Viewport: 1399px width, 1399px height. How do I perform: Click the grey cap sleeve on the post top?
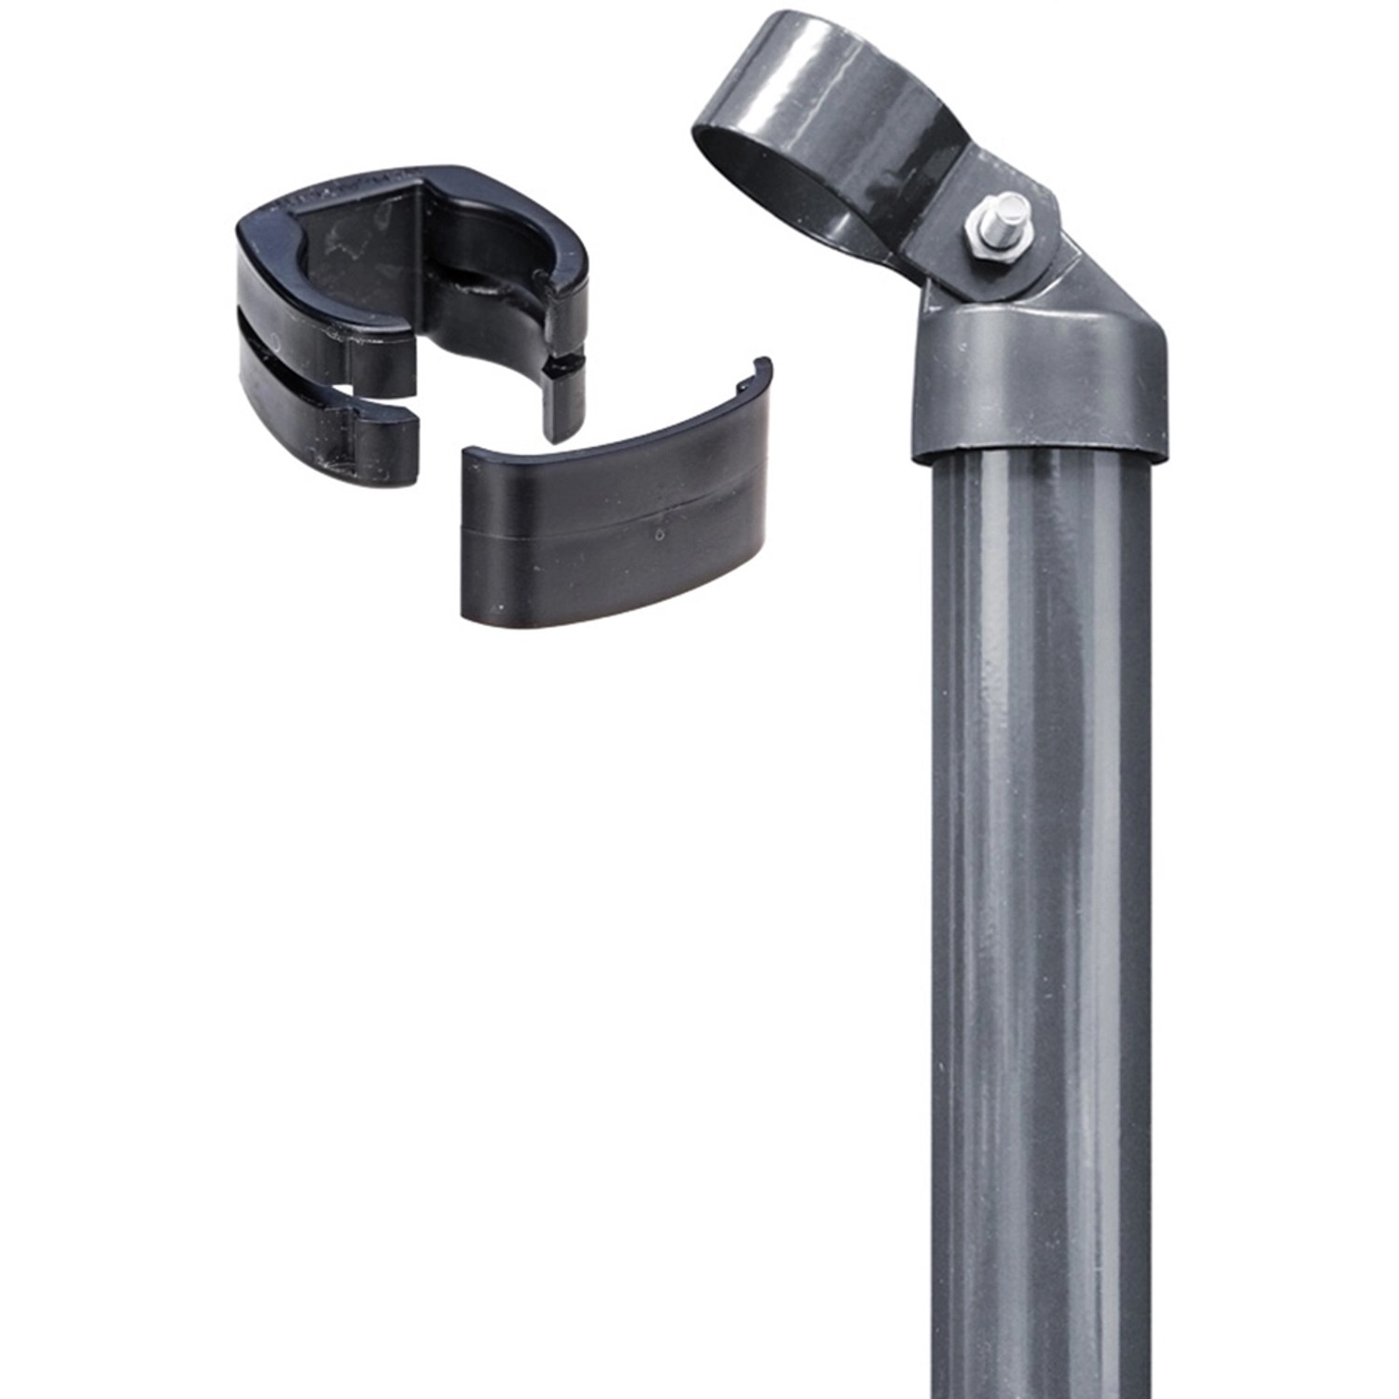(x=1040, y=382)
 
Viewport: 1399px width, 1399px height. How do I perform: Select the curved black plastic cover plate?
(x=616, y=522)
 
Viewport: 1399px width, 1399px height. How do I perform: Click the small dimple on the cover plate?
(x=660, y=536)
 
